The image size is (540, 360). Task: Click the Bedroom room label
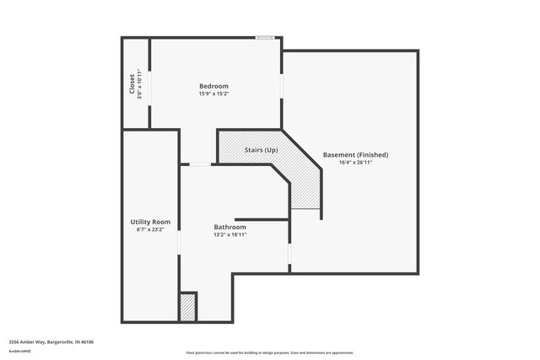(213, 86)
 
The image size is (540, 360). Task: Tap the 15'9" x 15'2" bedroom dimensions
(213, 94)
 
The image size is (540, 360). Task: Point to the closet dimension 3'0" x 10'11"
(140, 85)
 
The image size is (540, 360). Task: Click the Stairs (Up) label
(262, 150)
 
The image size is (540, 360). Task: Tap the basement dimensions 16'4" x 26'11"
(355, 163)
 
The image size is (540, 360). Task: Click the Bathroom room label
(229, 227)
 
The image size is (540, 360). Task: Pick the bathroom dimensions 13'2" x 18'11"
(229, 234)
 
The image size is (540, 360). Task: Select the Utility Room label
(150, 222)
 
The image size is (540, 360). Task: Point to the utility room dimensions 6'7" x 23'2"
(150, 229)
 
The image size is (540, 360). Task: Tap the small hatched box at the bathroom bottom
(187, 306)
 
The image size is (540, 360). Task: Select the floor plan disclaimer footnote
(269, 352)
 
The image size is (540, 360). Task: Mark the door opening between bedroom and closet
(150, 84)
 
